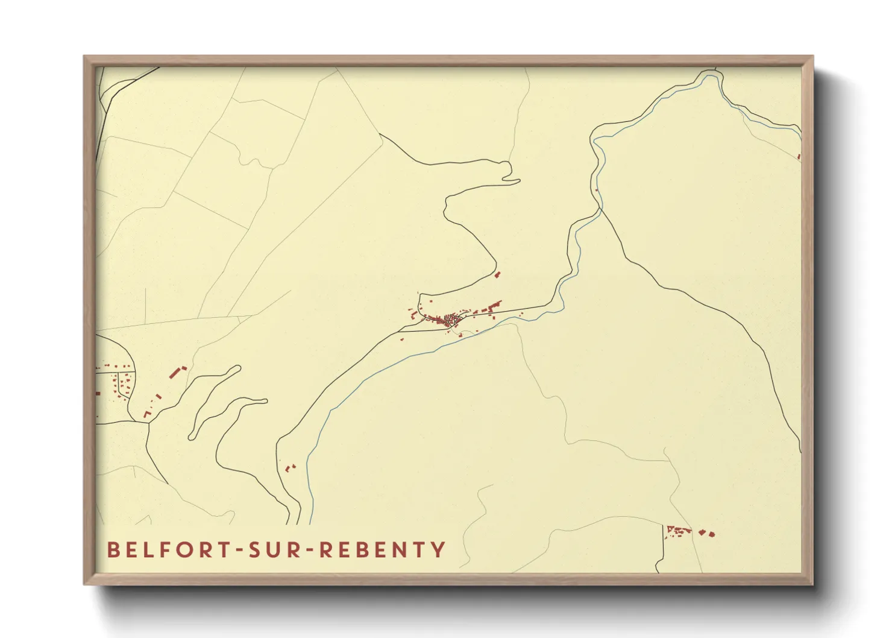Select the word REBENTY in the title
tap(382, 550)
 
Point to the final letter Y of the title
tap(439, 550)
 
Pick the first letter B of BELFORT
tap(113, 550)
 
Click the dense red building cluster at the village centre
tap(450, 318)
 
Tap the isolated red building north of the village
tap(497, 274)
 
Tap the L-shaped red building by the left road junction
tap(146, 414)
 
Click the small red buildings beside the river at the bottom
tap(291, 467)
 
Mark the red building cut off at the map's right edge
tap(799, 157)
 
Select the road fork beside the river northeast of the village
tap(600, 210)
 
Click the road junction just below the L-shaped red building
tap(148, 422)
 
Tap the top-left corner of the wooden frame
tap(84, 57)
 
